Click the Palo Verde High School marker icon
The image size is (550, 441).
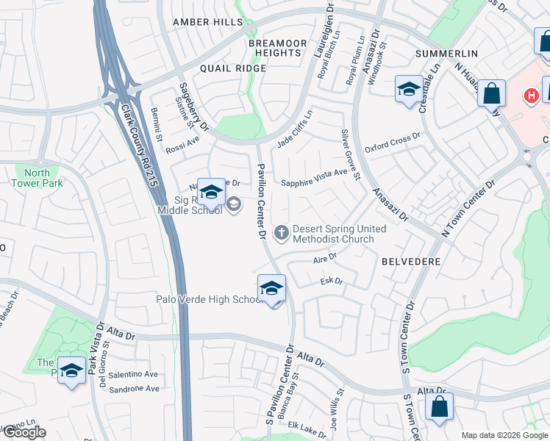(271, 289)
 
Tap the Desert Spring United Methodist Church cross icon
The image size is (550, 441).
(280, 234)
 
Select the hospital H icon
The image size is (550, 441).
(529, 96)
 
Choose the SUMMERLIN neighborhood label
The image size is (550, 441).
(446, 54)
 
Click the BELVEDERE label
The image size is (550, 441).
(411, 261)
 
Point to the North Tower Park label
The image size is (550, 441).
(37, 178)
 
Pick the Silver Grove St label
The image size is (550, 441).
(350, 154)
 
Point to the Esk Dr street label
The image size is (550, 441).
(332, 281)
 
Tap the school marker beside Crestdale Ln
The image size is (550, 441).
(409, 90)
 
